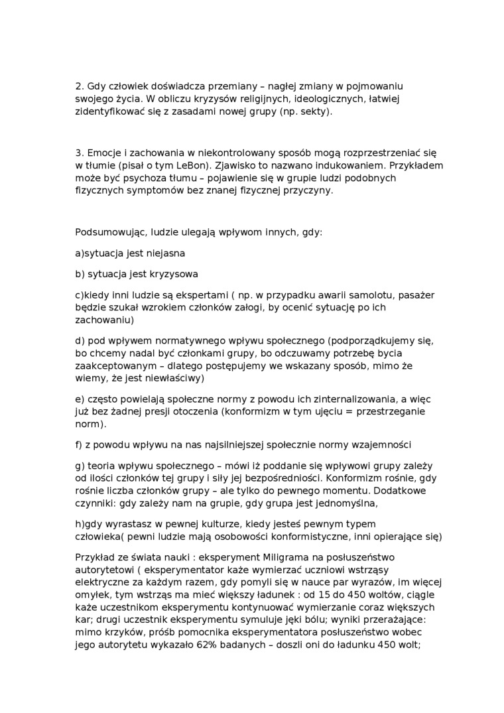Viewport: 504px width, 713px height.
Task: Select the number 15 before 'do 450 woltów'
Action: pos(345,594)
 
